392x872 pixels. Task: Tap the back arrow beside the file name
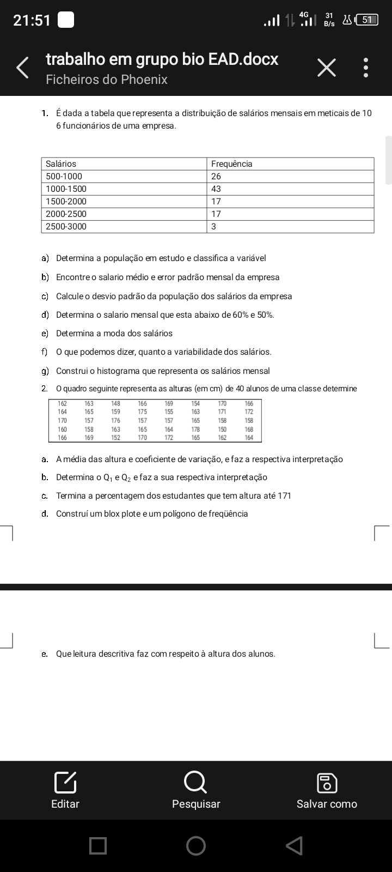[x=23, y=68]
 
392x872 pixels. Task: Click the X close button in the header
[x=326, y=68]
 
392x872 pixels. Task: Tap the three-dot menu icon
[x=366, y=68]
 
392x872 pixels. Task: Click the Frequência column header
[x=231, y=164]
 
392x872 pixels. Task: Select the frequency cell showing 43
[x=216, y=189]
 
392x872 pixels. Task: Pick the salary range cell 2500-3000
[x=66, y=227]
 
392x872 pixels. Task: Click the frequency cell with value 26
[x=216, y=177]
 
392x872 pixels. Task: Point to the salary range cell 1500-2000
[x=66, y=202]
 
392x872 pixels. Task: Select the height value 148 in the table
[x=115, y=404]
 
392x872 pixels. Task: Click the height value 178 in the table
[x=195, y=429]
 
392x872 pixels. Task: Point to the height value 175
[x=142, y=412]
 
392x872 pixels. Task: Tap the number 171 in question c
[x=284, y=496]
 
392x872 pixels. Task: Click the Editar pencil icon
[x=65, y=783]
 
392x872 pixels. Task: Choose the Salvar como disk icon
[x=327, y=783]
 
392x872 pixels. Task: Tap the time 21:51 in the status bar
[x=32, y=21]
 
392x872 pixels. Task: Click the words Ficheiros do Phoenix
[x=107, y=80]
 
